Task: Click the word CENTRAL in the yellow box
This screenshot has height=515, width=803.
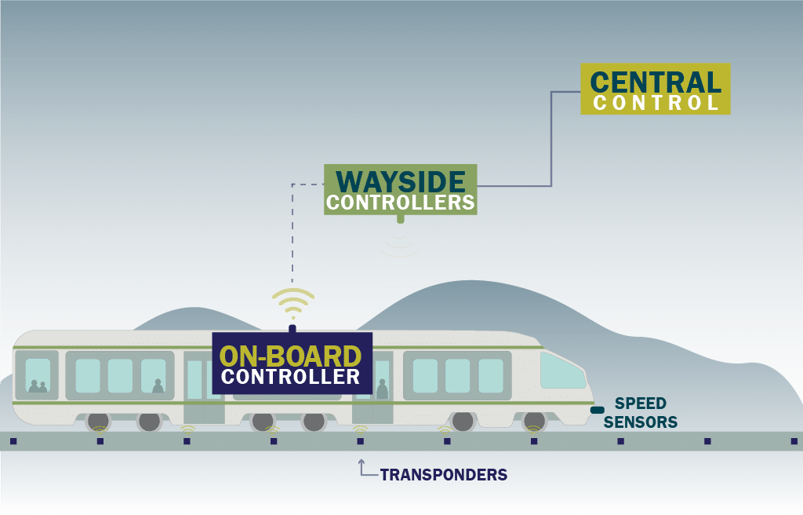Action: click(656, 82)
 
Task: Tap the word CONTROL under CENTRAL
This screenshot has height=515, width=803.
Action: click(656, 103)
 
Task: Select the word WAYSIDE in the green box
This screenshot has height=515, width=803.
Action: click(400, 181)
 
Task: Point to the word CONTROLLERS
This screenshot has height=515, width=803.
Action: click(400, 203)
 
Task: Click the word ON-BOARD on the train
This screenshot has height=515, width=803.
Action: click(291, 356)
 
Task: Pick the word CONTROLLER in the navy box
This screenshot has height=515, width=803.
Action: click(291, 377)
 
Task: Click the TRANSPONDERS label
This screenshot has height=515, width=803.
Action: click(444, 475)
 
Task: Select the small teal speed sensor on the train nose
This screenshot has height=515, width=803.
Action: click(598, 410)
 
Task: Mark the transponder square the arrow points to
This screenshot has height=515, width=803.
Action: click(361, 441)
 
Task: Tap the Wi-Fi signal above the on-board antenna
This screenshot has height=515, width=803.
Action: click(292, 303)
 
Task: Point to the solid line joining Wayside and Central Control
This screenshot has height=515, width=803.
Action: click(552, 141)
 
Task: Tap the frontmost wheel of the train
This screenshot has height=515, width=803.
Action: click(534, 422)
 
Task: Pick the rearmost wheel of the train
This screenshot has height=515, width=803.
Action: click(99, 422)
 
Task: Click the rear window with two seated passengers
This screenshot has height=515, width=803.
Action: click(38, 375)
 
